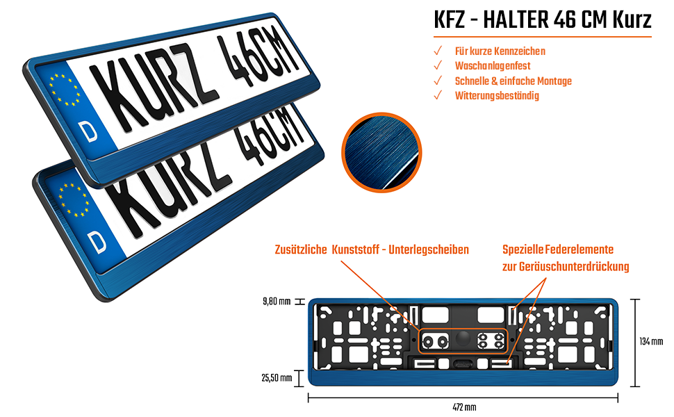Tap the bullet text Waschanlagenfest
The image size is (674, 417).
pyautogui.click(x=492, y=66)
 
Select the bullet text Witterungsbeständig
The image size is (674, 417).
pyautogui.click(x=497, y=95)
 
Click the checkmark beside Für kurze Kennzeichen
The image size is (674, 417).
pyautogui.click(x=438, y=51)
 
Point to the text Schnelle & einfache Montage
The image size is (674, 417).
pyautogui.click(x=513, y=81)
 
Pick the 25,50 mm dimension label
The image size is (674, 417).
pyautogui.click(x=277, y=378)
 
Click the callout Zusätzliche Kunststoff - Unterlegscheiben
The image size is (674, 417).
pyautogui.click(x=372, y=250)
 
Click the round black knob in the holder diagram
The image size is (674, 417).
pyautogui.click(x=463, y=338)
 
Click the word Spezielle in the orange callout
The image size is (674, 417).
pyautogui.click(x=523, y=250)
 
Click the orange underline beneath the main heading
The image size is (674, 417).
pyautogui.click(x=542, y=37)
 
